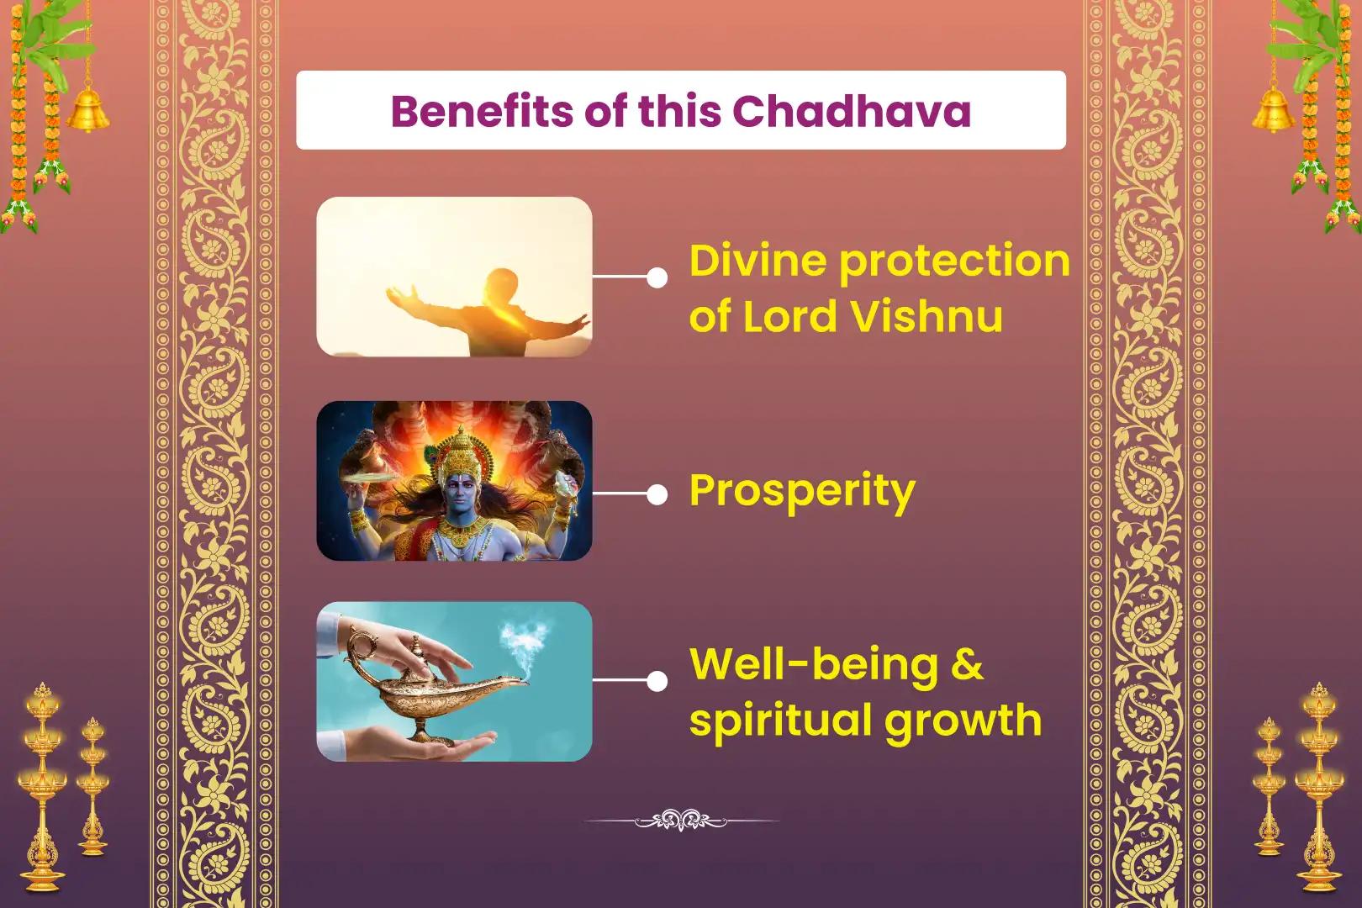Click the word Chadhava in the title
[851, 111]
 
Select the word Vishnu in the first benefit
[926, 316]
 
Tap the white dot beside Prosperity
[657, 495]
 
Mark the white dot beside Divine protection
[657, 278]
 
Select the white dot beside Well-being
[657, 681]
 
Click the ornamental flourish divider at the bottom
[681, 821]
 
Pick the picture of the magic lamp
[454, 682]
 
